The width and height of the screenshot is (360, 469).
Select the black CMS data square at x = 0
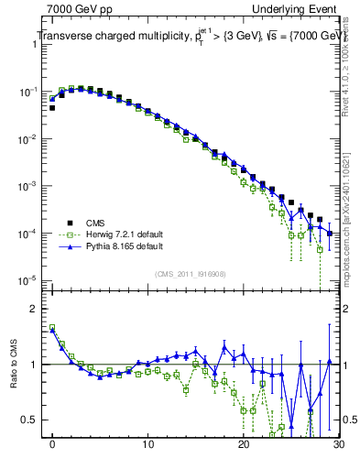coord(52,108)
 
